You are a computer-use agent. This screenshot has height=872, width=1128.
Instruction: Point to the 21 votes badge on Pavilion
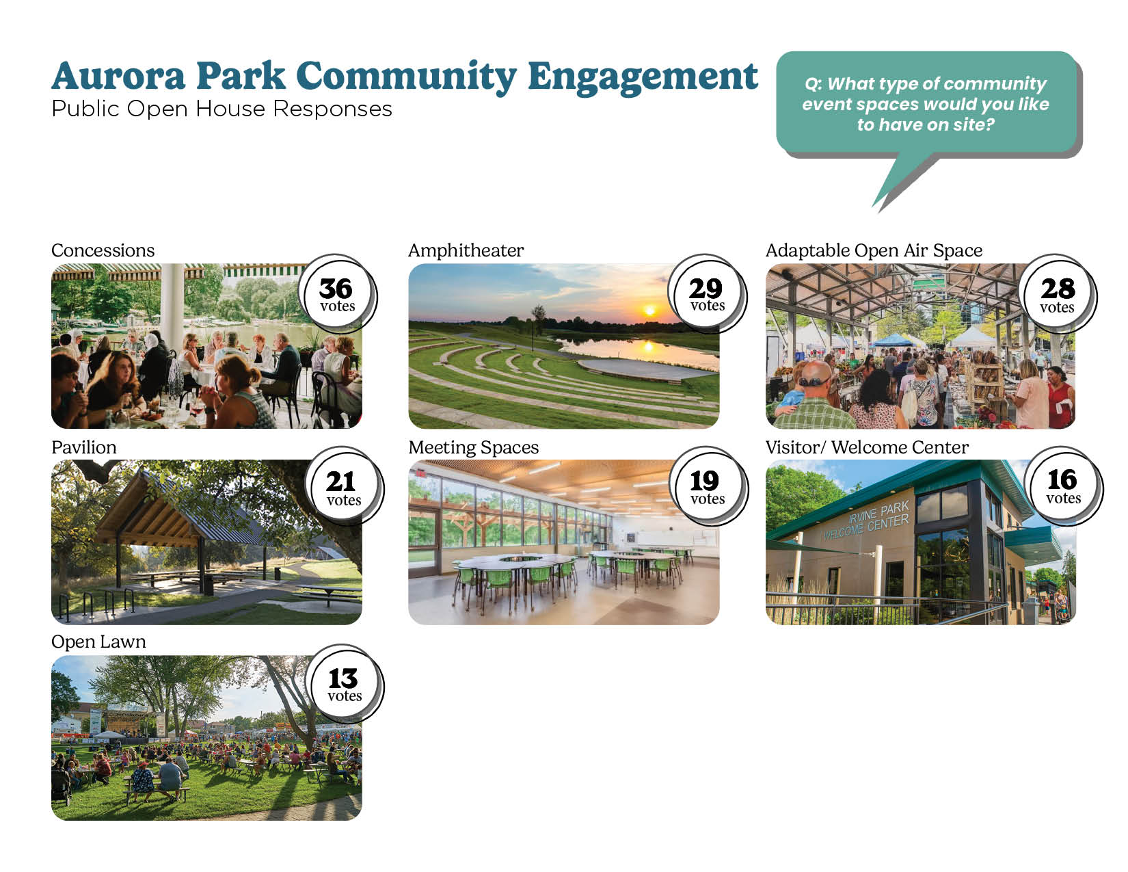pyautogui.click(x=344, y=486)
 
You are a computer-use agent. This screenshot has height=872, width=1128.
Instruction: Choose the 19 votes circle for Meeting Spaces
pyautogui.click(x=708, y=486)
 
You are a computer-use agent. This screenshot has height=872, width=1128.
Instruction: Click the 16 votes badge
pyautogui.click(x=1063, y=486)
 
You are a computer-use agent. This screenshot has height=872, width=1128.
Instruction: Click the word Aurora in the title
pyautogui.click(x=118, y=77)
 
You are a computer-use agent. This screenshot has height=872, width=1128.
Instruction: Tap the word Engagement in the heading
pyautogui.click(x=643, y=78)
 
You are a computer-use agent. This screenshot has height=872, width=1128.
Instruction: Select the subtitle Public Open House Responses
pyautogui.click(x=221, y=109)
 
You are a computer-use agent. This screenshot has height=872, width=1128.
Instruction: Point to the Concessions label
pyautogui.click(x=103, y=250)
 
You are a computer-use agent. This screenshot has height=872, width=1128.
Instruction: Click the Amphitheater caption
pyautogui.click(x=466, y=250)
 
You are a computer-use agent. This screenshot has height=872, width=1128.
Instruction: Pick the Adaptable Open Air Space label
pyautogui.click(x=874, y=250)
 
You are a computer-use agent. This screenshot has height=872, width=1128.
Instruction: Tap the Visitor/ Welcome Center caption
pyautogui.click(x=867, y=447)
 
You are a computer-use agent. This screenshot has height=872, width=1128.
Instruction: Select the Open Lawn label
pyautogui.click(x=98, y=642)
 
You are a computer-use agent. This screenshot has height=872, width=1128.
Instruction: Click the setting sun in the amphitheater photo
pyautogui.click(x=649, y=311)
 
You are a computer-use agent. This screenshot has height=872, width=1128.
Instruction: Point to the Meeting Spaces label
pyautogui.click(x=473, y=448)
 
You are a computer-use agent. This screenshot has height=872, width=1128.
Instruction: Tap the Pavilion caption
pyautogui.click(x=83, y=447)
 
